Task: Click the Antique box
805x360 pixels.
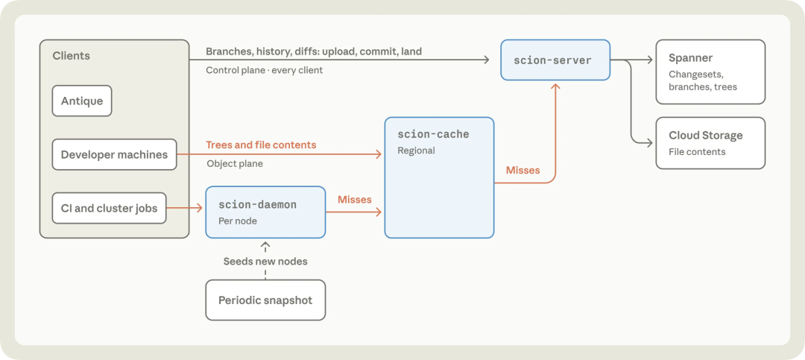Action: [82, 101]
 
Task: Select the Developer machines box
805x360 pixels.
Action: [115, 154]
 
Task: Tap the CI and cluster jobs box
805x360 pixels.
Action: [109, 208]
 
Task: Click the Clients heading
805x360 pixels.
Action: [71, 55]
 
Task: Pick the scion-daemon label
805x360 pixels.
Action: [258, 204]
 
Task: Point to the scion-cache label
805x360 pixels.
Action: [433, 135]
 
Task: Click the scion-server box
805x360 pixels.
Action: [555, 60]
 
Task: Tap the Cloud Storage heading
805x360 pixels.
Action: [705, 136]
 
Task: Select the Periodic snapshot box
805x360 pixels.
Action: [265, 300]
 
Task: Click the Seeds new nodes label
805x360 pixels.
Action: [265, 262]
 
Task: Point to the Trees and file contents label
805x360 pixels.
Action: [261, 145]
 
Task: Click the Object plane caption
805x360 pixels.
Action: [235, 164]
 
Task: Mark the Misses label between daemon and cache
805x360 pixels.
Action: [354, 199]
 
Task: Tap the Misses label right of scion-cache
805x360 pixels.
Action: [523, 170]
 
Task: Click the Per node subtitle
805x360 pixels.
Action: [237, 221]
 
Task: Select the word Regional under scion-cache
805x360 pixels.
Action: [416, 151]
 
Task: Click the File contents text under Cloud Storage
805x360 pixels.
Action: [697, 151]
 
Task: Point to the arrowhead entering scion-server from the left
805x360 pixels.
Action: [486, 60]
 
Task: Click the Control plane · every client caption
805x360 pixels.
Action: [265, 70]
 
